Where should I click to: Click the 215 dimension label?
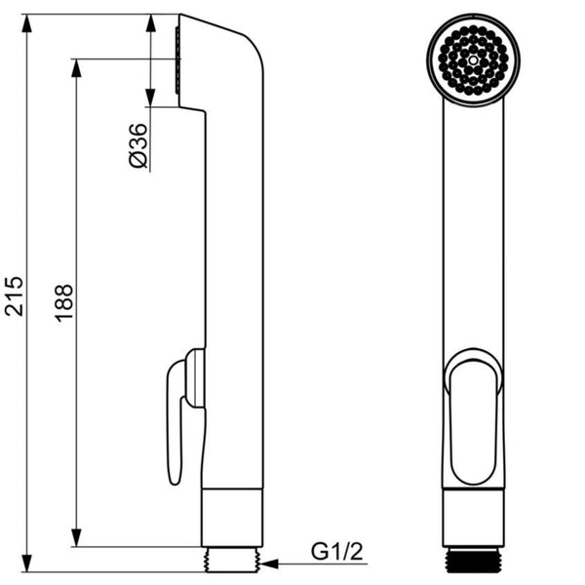coord(15,295)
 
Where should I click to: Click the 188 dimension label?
coord(64,303)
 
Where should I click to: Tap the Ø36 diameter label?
coord(138,145)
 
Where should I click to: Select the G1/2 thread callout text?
coord(337,552)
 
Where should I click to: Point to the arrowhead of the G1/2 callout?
coord(269,564)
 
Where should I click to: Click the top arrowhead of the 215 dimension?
coord(26,24)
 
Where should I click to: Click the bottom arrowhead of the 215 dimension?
coord(26,563)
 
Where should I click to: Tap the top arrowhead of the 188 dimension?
coord(76,68)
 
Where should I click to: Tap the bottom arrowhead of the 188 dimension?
coord(76,537)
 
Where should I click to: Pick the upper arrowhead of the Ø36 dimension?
coord(151,24)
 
